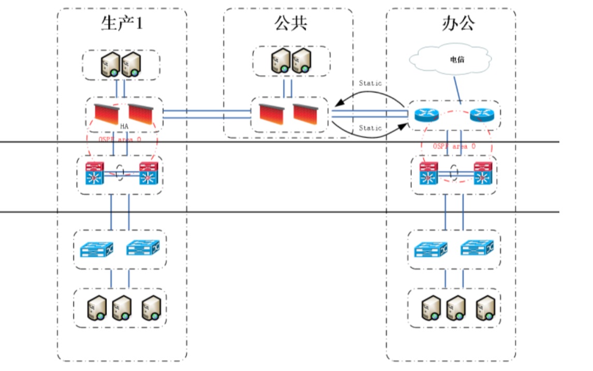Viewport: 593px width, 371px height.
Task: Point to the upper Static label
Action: click(x=370, y=83)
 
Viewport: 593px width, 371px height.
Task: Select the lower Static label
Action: click(x=370, y=128)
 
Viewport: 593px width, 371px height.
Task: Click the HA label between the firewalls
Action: click(x=124, y=126)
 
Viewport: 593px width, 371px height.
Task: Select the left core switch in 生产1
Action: click(x=95, y=174)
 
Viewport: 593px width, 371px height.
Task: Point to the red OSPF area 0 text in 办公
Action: click(x=454, y=147)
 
